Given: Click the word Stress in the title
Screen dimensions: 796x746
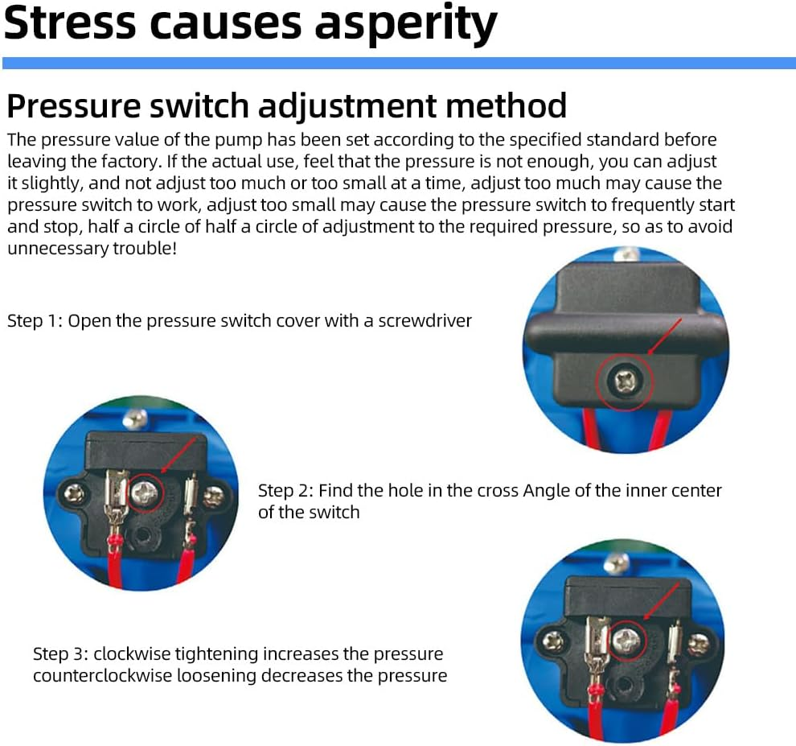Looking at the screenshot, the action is click(x=70, y=22).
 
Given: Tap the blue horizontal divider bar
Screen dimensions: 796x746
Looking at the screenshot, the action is click(x=399, y=63).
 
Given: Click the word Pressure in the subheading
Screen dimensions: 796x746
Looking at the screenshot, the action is click(x=74, y=105).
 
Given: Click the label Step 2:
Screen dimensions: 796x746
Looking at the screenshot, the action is click(x=285, y=491).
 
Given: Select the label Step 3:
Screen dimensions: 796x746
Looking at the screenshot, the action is click(x=60, y=654).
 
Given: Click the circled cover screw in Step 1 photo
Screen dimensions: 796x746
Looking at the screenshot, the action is click(x=624, y=381).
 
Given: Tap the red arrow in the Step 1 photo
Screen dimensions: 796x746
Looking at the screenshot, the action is click(x=666, y=336).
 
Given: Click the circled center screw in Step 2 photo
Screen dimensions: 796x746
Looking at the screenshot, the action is click(x=146, y=493).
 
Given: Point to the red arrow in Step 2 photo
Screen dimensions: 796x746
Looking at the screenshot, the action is click(x=178, y=455).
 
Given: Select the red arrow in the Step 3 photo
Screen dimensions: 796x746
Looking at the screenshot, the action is click(x=662, y=601).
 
